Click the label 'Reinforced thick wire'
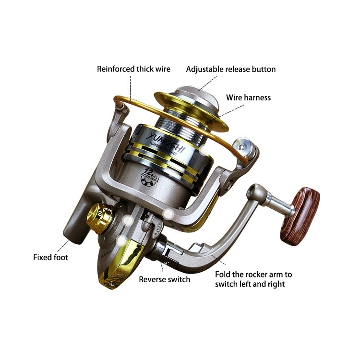[133, 69]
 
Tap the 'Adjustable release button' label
[231, 69]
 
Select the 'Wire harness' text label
[248, 97]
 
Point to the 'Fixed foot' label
[50, 257]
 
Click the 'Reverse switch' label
[165, 279]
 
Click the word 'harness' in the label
[258, 97]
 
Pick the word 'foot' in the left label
[60, 257]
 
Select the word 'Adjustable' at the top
[204, 69]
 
